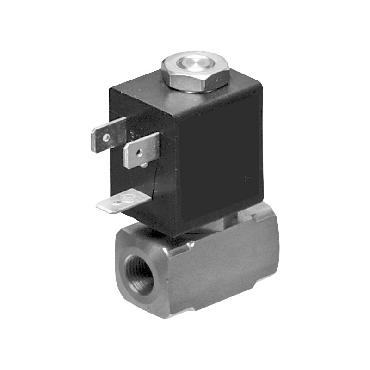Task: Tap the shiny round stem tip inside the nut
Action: (195, 63)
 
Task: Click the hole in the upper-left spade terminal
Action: (107, 137)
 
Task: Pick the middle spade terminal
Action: (141, 148)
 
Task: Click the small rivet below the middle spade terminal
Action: (145, 164)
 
